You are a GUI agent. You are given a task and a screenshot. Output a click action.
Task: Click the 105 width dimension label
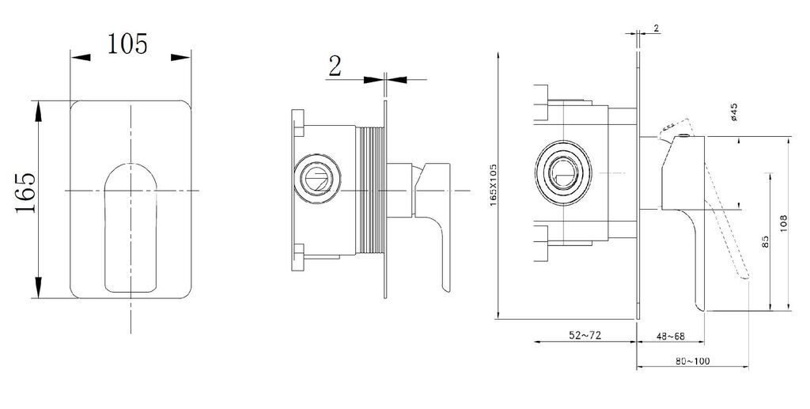pos(127,44)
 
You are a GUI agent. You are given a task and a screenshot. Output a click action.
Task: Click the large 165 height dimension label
pos(25,192)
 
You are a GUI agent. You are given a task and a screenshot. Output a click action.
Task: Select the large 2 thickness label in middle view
pos(335,66)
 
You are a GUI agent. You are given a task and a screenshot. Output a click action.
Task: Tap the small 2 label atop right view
pos(656,28)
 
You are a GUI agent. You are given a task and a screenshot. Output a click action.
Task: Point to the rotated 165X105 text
pos(494,185)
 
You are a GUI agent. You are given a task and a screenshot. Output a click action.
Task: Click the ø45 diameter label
pos(734,112)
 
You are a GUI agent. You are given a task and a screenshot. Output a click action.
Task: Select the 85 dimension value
pos(766,242)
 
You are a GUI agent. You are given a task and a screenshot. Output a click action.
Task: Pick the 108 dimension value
pos(784,223)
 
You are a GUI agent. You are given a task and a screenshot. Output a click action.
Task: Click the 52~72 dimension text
pos(585,335)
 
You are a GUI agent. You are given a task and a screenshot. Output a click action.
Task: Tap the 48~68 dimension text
pos(671,336)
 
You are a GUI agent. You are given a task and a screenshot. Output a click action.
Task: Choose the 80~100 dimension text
pos(692,361)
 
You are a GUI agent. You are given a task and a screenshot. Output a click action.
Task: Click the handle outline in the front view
pos(105,227)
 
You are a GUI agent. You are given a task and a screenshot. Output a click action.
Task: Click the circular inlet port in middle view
pos(316,179)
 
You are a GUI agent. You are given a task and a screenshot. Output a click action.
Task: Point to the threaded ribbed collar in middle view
pos(370,191)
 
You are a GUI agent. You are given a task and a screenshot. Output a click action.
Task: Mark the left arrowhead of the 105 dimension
pos(81,57)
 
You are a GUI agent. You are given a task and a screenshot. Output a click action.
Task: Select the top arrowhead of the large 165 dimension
pos(38,111)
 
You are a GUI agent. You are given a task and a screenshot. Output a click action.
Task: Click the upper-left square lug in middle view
pos(298,123)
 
